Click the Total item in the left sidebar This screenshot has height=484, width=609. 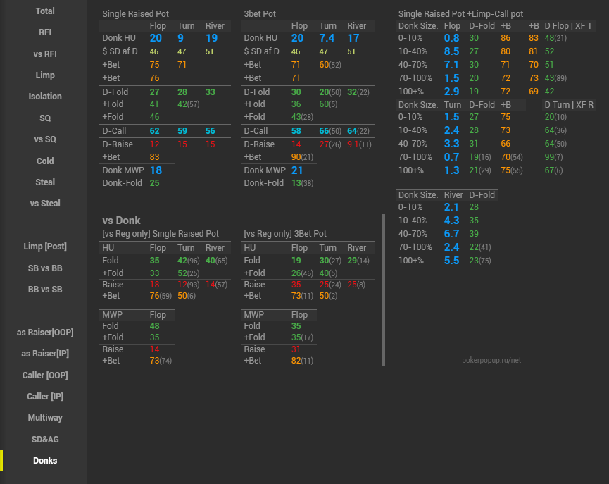[45, 11]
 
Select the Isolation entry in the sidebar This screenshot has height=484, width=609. [45, 97]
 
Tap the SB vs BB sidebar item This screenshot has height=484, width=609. [45, 268]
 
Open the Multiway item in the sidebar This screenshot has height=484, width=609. [45, 418]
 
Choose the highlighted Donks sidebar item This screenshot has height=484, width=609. [45, 461]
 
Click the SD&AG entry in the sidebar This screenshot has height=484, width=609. [45, 439]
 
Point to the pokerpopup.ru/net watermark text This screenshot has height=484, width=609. [491, 360]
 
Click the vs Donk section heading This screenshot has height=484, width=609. [121, 221]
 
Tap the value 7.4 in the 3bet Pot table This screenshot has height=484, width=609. [327, 38]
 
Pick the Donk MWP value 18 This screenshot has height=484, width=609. [156, 170]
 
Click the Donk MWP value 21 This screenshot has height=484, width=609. [297, 170]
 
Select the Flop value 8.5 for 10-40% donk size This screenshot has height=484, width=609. [452, 51]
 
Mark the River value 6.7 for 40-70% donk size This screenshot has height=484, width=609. [452, 234]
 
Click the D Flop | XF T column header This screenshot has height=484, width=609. [569, 26]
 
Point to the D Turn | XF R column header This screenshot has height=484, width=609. [569, 105]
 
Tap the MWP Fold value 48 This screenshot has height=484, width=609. [154, 326]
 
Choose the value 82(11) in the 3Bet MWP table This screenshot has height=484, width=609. [302, 361]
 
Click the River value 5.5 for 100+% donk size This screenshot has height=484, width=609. [452, 261]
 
